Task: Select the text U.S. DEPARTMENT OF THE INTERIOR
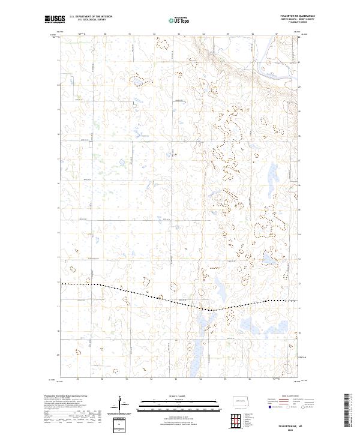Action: click(91, 17)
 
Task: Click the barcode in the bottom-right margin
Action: click(347, 411)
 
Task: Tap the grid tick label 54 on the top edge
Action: click(203, 34)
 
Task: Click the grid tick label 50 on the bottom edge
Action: click(103, 380)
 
